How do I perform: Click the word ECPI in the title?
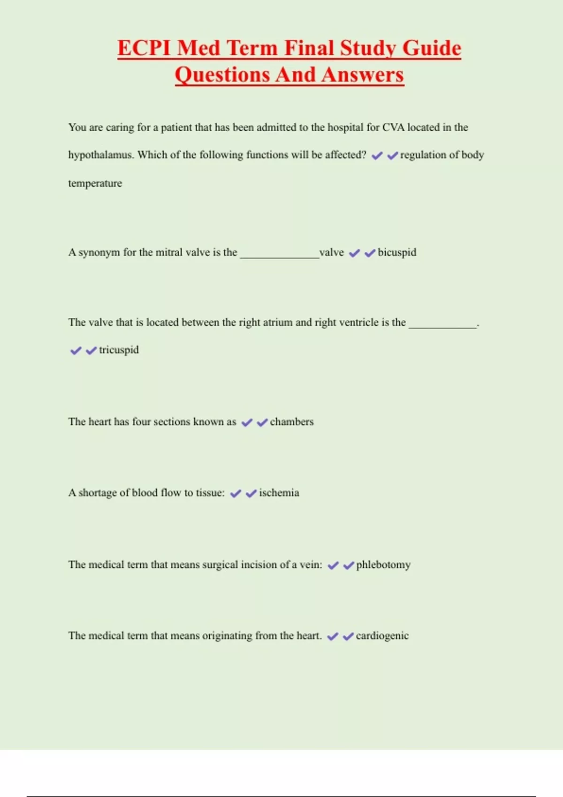144,48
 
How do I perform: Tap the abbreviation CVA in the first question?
393,128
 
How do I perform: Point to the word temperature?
95,183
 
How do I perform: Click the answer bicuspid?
397,253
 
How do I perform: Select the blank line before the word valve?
279,256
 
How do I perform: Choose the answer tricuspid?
119,350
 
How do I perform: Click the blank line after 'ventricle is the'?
442,326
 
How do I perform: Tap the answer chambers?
291,422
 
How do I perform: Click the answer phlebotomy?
383,565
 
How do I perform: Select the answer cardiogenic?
382,636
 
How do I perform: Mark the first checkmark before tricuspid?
76,351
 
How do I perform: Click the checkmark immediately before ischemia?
251,493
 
